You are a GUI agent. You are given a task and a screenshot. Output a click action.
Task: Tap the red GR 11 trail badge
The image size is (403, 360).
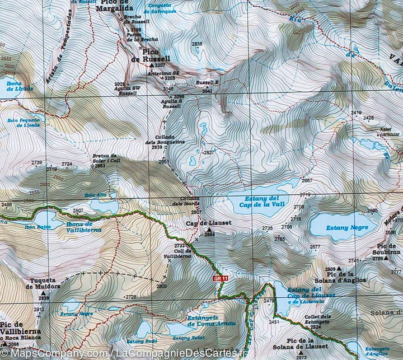(221, 278)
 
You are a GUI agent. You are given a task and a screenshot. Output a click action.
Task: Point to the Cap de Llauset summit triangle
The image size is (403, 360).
(209, 230)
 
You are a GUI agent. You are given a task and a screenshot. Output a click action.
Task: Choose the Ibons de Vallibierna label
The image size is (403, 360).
(83, 227)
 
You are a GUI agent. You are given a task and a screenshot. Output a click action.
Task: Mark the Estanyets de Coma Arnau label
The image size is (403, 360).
(211, 321)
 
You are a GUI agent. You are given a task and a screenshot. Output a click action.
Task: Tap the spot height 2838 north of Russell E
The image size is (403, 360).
(197, 44)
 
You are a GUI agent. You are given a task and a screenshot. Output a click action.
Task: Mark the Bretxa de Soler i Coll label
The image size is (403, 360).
(105, 158)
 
